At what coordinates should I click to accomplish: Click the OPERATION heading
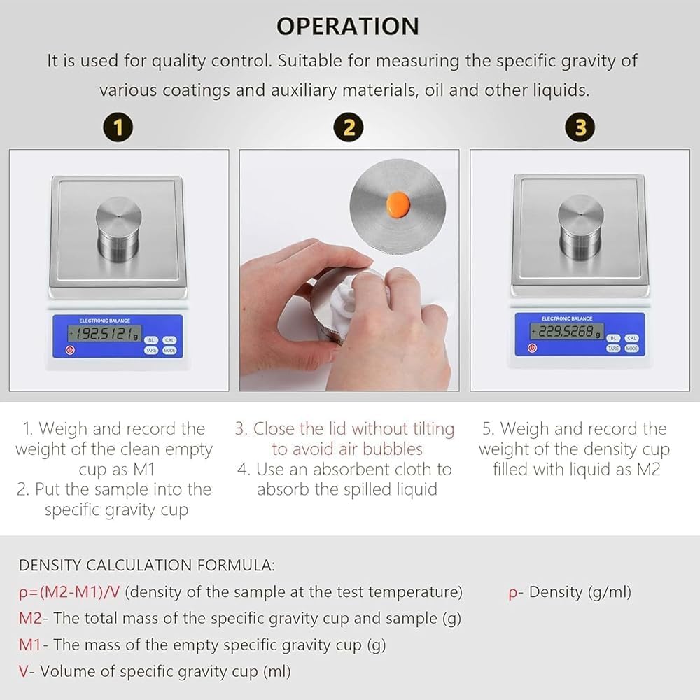tap(348, 26)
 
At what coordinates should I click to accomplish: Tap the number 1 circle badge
tap(118, 127)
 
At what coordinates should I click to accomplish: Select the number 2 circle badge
tap(349, 127)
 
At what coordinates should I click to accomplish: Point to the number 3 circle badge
tap(580, 127)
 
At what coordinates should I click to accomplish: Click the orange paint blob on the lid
tap(398, 204)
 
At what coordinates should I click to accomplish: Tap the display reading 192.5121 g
tap(104, 333)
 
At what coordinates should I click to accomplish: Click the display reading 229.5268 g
tap(567, 331)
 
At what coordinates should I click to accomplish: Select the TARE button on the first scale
tap(151, 351)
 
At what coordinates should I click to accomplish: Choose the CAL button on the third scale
tap(631, 338)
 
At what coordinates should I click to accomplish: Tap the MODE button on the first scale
tap(169, 351)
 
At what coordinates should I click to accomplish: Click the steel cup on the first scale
tap(119, 229)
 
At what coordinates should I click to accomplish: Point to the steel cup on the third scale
tap(581, 227)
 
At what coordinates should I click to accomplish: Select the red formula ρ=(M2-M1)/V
tap(69, 592)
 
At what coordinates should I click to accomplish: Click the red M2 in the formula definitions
tap(30, 618)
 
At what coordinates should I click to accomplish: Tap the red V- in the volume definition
tap(27, 671)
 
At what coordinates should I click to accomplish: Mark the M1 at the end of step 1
tap(143, 470)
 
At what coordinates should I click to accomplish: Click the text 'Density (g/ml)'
tap(580, 592)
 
